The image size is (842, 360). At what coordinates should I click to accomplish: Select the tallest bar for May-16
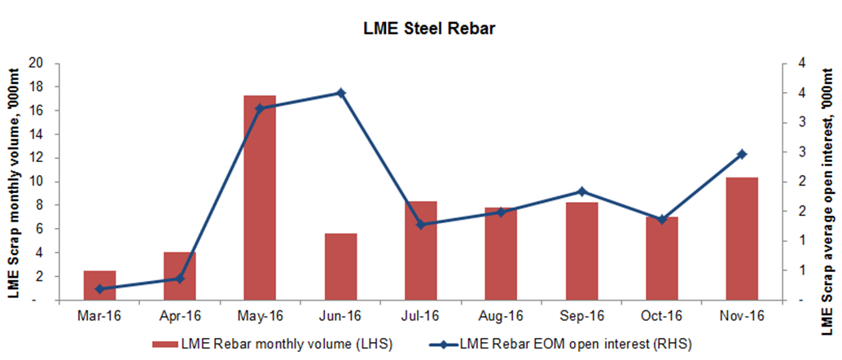pos(260,198)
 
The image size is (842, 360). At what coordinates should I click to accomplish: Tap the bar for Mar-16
pos(100,285)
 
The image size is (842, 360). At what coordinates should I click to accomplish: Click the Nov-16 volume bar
pos(742,239)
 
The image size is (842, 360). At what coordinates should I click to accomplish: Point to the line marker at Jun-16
pos(341,93)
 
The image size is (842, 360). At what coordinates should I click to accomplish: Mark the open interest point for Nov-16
pos(742,154)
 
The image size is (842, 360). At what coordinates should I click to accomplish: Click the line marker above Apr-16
pos(180,279)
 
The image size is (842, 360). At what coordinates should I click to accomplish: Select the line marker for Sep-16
pos(581,191)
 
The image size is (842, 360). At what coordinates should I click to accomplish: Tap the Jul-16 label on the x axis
pos(421,315)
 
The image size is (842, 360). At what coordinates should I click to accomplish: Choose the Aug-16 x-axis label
pos(501,315)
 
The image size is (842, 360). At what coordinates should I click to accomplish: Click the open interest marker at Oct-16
pos(662,219)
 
